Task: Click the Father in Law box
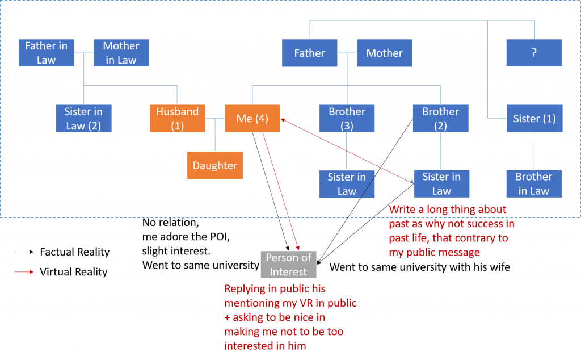[46, 53]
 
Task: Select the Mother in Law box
[121, 53]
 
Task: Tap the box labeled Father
[309, 53]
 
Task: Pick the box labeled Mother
[384, 53]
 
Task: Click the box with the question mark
[534, 53]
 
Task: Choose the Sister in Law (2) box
[83, 119]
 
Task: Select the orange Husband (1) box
[177, 119]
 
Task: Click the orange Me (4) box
[252, 119]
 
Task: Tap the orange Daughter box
[214, 165]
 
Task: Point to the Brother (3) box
[347, 119]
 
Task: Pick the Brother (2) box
[440, 119]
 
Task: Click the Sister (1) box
[534, 119]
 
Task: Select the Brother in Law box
[534, 183]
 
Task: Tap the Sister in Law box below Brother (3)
[347, 184]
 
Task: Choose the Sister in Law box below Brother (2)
[441, 183]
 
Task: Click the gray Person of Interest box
[288, 265]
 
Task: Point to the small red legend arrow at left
[24, 272]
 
